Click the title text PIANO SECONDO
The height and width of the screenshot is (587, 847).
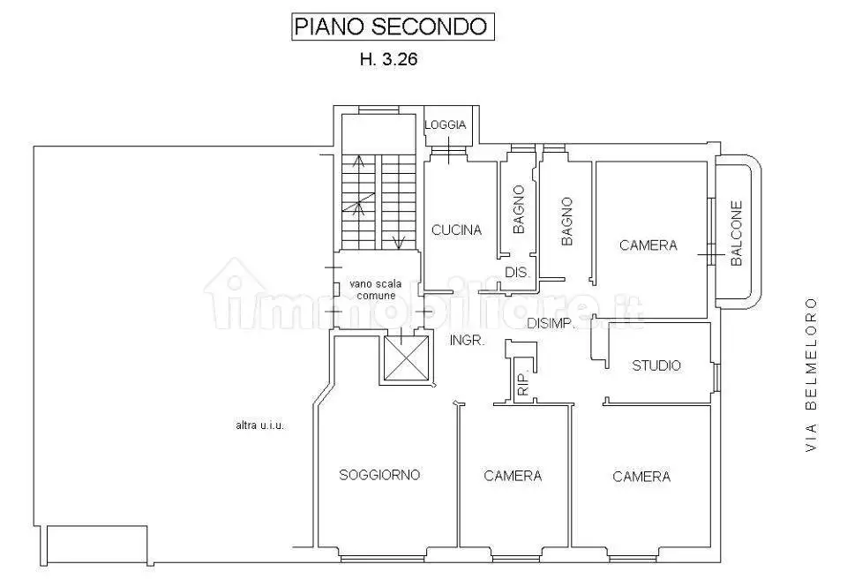click(390, 26)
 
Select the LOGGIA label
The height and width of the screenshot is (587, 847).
click(446, 125)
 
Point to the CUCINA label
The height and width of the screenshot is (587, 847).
click(456, 230)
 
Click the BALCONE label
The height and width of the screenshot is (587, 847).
click(737, 234)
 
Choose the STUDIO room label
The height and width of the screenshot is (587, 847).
click(656, 365)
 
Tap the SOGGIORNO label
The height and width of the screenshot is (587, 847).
click(379, 475)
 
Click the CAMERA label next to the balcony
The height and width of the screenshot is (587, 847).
click(648, 245)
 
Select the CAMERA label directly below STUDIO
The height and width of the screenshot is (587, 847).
click(641, 477)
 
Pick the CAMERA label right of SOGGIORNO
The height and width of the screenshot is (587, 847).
click(513, 477)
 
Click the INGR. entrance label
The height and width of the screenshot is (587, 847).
click(467, 341)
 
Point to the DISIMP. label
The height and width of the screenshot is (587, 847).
click(551, 324)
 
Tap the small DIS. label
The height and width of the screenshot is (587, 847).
click(517, 274)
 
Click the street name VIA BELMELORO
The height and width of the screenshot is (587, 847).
click(811, 375)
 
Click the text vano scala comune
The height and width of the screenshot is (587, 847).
click(376, 290)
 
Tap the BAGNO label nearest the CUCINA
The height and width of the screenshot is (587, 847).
click(519, 209)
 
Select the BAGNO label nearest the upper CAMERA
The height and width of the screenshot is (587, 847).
click(566, 221)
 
